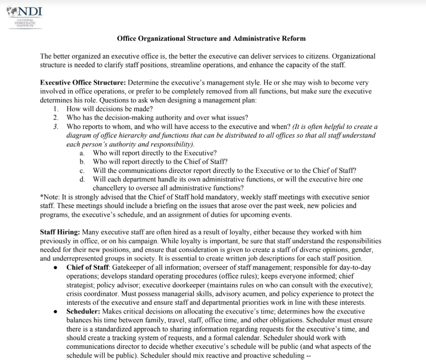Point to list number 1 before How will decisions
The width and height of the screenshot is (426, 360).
tap(56, 109)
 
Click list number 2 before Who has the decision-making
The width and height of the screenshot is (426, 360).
tap(56, 118)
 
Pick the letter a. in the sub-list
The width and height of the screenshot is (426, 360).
tap(82, 153)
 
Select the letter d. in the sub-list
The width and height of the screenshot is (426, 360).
tap(82, 179)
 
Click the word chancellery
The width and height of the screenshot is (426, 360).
tap(113, 188)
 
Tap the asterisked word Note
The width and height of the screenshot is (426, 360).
tap(51, 196)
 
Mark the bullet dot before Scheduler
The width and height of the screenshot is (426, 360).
tap(56, 311)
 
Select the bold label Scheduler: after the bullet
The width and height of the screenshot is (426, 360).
tap(84, 311)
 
